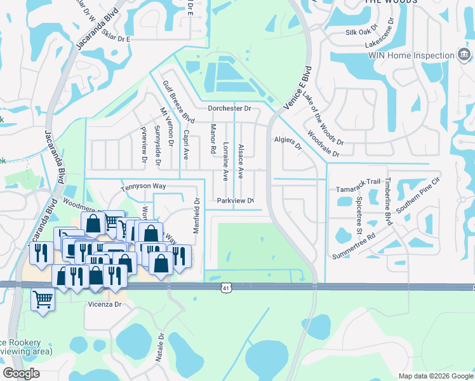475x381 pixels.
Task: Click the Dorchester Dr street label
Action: (x=229, y=109)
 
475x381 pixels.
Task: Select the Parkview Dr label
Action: (x=235, y=201)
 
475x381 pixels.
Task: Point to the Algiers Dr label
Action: (x=287, y=142)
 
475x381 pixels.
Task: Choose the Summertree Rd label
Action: (x=354, y=246)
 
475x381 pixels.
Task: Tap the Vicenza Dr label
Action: (x=104, y=305)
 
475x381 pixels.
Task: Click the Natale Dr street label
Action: (x=161, y=347)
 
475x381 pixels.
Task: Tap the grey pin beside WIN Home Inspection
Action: (x=464, y=55)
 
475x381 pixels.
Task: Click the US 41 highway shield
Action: (x=226, y=288)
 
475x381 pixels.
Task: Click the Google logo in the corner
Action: (x=21, y=373)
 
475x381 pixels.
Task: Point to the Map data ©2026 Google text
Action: (x=435, y=376)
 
